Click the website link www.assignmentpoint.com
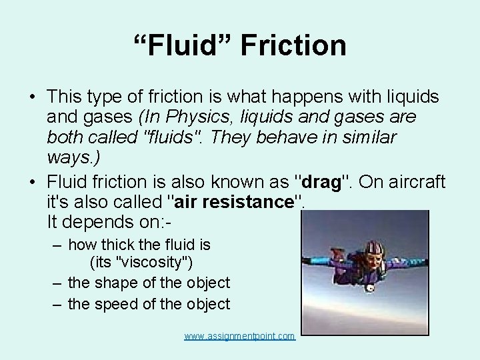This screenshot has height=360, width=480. click(x=239, y=336)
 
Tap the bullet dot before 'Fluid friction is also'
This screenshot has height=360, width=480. click(x=32, y=182)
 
